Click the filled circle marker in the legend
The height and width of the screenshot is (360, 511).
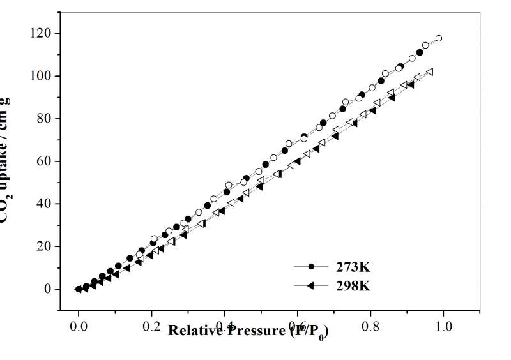(312, 266)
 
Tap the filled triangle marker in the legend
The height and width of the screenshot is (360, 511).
(311, 286)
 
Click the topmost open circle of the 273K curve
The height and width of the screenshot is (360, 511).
(439, 38)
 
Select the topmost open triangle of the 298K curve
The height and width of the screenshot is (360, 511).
(430, 72)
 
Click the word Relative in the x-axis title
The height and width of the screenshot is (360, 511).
(194, 330)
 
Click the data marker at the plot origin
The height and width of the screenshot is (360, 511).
(79, 289)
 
